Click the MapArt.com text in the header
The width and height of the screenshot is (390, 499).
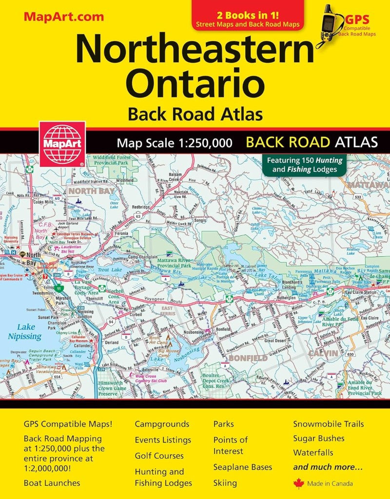[63, 16]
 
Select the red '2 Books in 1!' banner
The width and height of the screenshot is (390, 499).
[248, 16]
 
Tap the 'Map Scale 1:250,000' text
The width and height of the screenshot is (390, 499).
[174, 143]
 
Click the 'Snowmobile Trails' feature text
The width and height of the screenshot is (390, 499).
[328, 424]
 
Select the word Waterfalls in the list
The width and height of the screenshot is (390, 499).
[313, 453]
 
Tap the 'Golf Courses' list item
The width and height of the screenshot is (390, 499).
[159, 456]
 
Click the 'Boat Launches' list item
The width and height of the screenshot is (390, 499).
[52, 483]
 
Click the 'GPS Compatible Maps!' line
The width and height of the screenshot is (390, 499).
[68, 424]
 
